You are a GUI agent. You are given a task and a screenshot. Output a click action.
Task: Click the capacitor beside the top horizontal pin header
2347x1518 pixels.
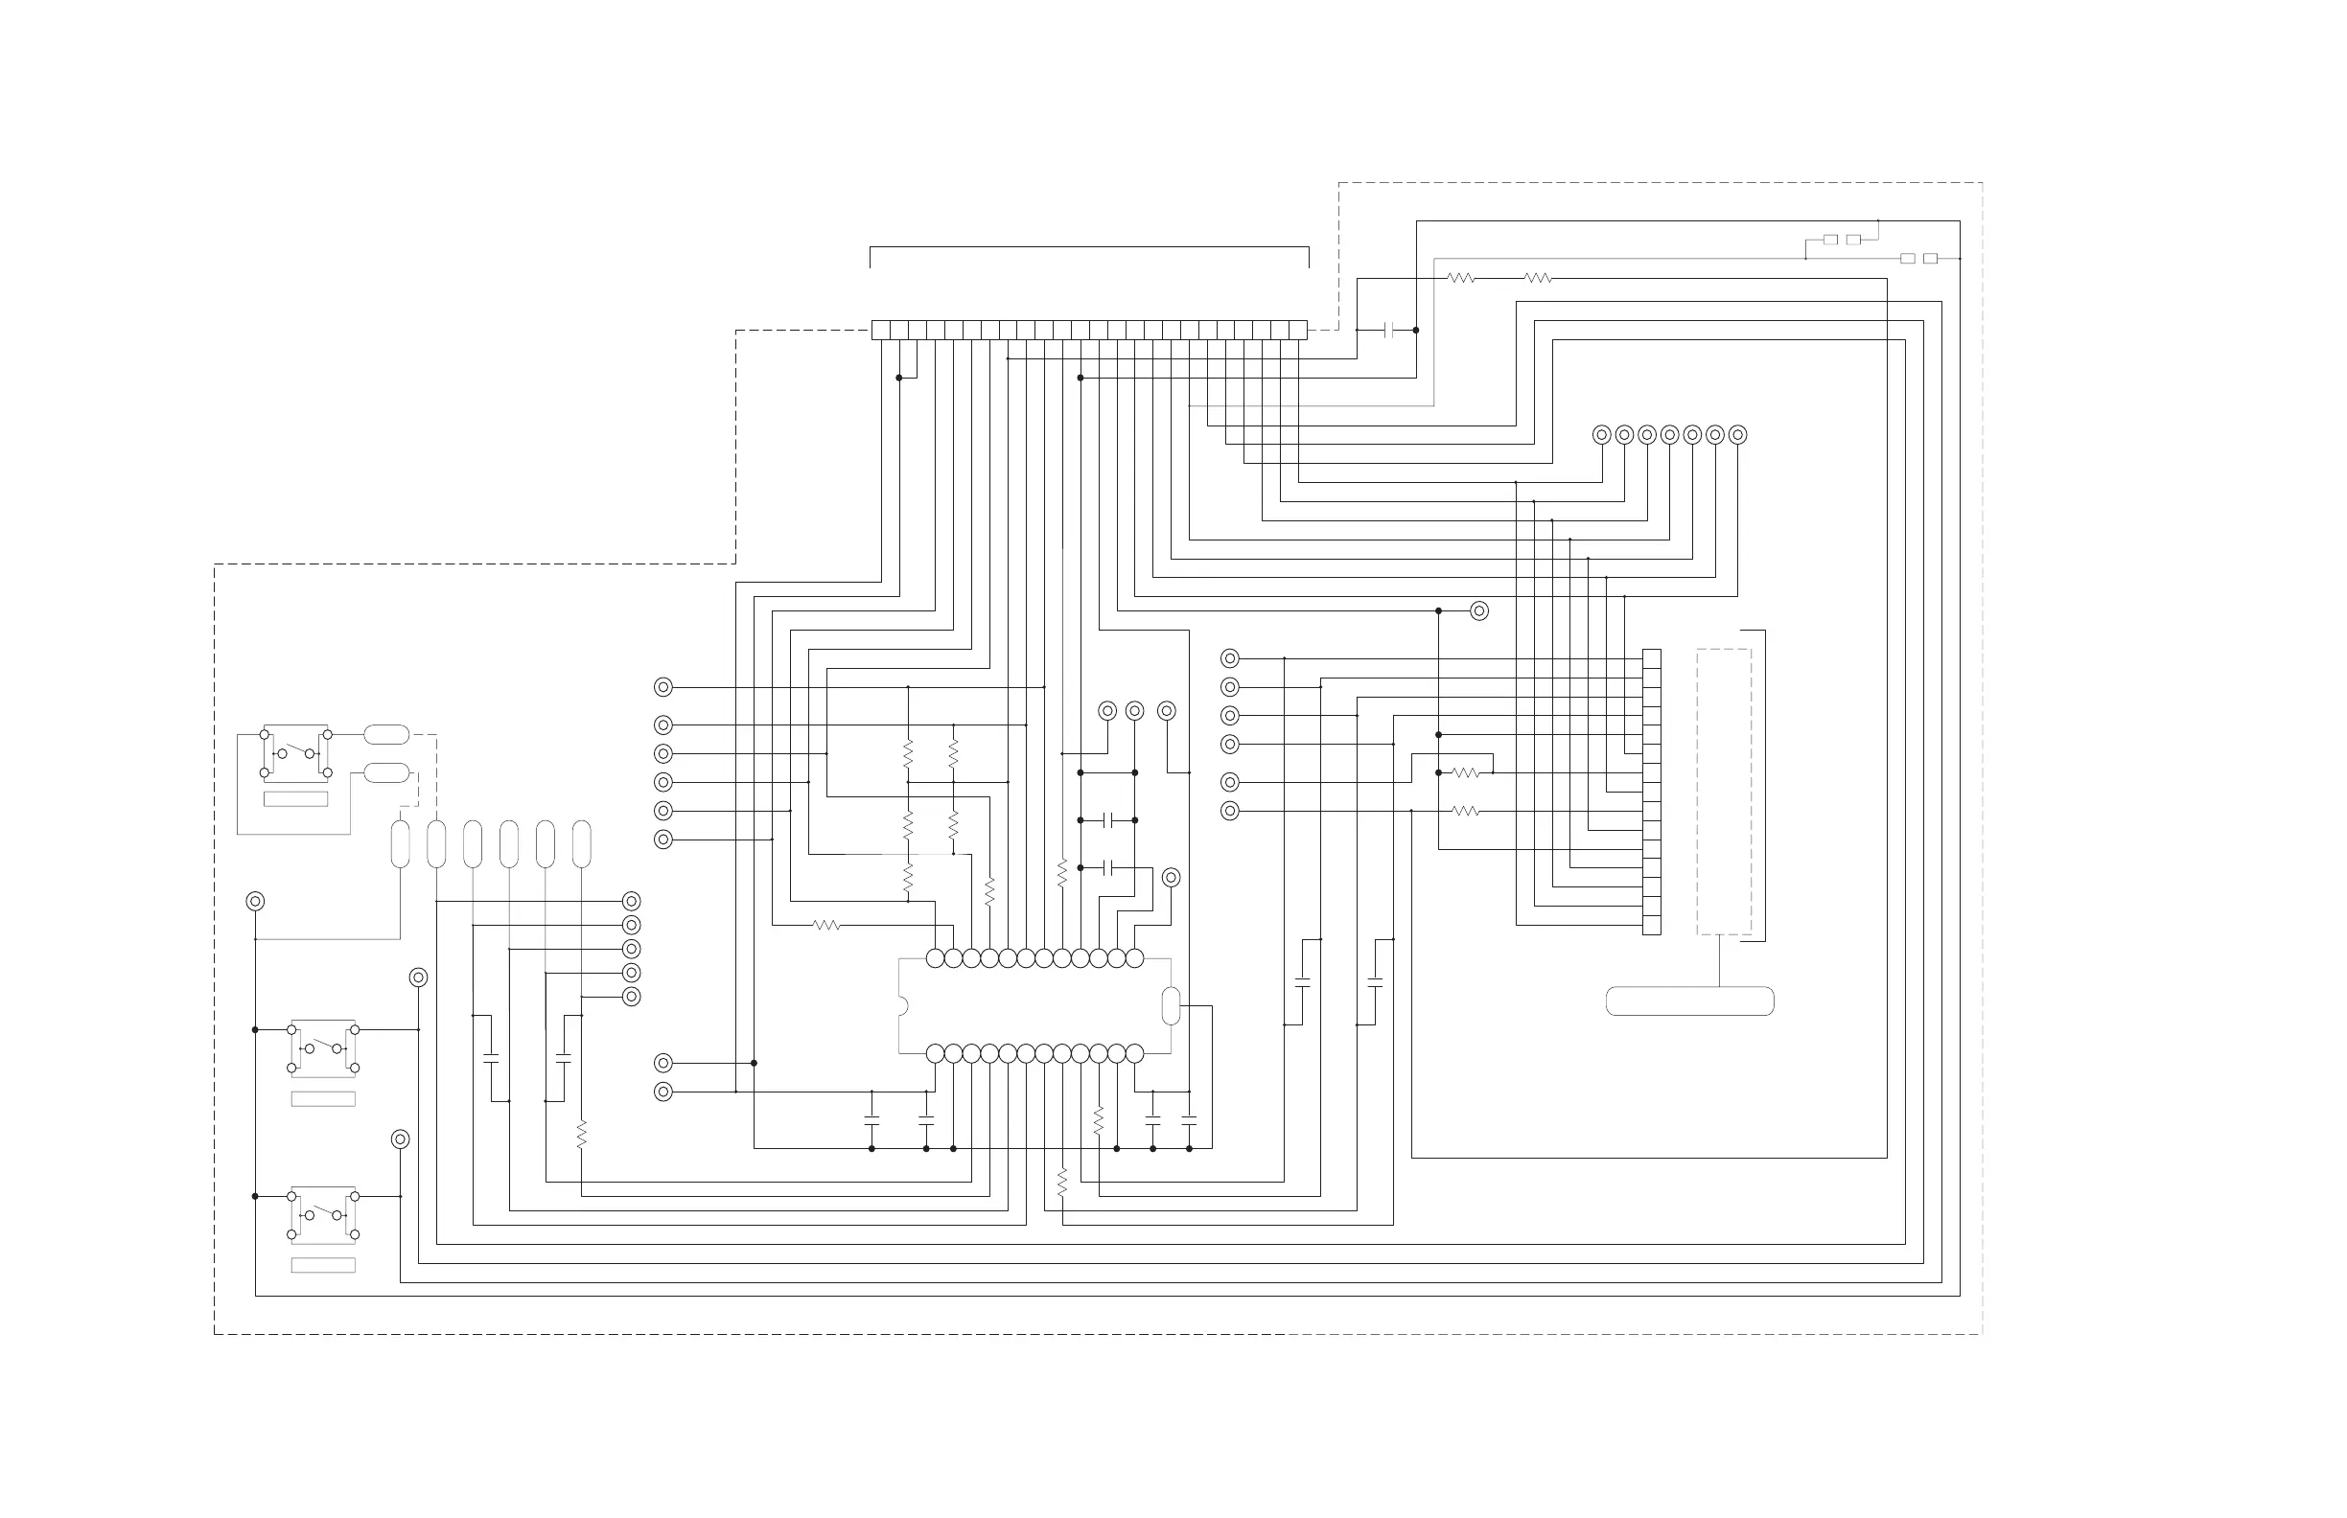1389,331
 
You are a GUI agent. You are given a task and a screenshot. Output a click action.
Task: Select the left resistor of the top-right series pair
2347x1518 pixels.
1461,279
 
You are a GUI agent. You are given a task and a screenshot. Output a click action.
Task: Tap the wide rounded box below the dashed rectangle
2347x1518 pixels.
1689,1001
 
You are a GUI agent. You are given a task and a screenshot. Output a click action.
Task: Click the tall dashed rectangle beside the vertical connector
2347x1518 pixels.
1724,792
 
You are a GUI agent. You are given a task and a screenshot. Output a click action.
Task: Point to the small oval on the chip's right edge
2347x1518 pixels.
1171,1005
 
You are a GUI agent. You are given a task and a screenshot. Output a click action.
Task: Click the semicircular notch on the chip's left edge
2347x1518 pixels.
902,1006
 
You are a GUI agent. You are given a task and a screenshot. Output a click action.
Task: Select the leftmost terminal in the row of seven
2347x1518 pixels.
1601,435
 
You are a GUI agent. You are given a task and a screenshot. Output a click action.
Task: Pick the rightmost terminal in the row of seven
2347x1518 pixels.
1737,435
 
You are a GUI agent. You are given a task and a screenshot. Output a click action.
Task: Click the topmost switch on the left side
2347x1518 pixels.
296,753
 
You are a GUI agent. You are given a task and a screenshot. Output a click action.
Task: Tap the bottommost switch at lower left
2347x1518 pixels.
323,1214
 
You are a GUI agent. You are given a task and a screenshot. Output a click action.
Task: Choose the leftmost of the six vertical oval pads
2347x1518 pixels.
401,844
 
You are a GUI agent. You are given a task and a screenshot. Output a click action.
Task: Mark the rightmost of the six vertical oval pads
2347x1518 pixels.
582,844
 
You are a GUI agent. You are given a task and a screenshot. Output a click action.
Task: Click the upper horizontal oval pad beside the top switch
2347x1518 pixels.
386,734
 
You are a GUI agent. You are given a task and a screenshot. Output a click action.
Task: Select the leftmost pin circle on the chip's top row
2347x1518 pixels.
935,958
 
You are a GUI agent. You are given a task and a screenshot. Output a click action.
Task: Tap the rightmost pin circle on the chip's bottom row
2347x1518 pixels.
1134,1054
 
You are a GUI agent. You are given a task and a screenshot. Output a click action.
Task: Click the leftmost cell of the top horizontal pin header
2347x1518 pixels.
881,331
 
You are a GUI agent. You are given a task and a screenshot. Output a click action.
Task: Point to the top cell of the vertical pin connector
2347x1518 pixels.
1651,658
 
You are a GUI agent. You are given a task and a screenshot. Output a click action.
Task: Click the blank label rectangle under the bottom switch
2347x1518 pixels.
323,1266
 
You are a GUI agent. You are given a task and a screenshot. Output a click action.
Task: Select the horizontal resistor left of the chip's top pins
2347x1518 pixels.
826,926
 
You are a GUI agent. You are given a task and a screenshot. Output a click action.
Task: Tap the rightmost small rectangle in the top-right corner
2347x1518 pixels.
1930,258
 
